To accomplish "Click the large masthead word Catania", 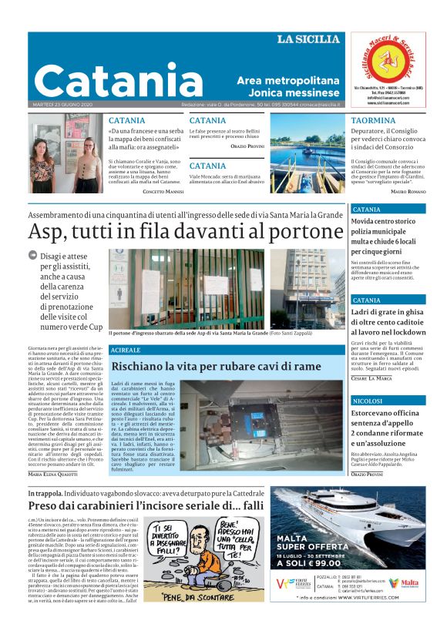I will pyautogui.click(x=107, y=79).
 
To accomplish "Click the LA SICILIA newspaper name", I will pyautogui.click(x=308, y=39).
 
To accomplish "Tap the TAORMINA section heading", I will pyautogui.click(x=373, y=121).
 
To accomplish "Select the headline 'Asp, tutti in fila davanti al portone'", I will pyautogui.click(x=186, y=231).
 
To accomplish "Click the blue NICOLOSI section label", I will pyautogui.click(x=366, y=401).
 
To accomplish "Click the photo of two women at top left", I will pyautogui.click(x=66, y=155).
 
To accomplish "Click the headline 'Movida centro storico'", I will pyautogui.click(x=383, y=222).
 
